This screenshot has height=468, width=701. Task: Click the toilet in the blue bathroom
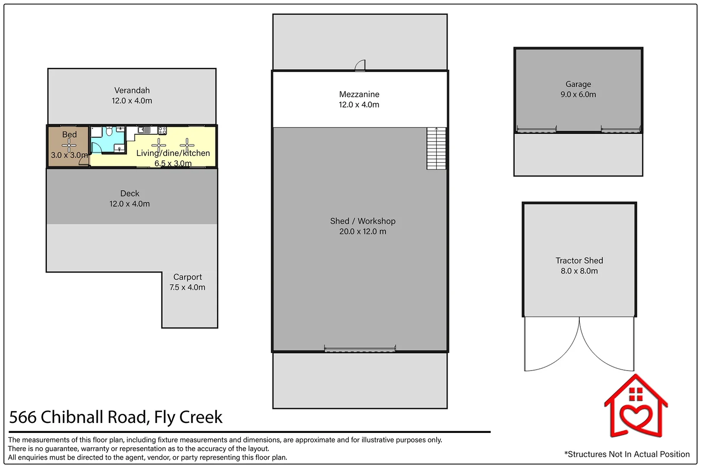109,131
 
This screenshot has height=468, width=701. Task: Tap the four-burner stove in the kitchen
162,130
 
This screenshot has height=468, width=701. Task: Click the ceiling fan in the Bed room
69,146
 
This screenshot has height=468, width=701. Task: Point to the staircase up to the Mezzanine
436,148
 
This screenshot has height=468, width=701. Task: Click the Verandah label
132,90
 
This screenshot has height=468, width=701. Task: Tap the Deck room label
129,193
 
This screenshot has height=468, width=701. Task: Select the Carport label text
187,277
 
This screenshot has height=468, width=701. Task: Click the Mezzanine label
359,94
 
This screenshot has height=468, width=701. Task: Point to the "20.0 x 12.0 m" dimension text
363,231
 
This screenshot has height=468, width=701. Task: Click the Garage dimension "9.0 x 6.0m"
578,94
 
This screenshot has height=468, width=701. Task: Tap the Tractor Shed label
579,260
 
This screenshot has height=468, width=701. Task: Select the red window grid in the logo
636,394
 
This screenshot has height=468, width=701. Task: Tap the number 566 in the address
23,418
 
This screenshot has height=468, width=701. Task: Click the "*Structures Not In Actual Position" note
627,454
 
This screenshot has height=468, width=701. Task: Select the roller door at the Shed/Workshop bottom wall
360,348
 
